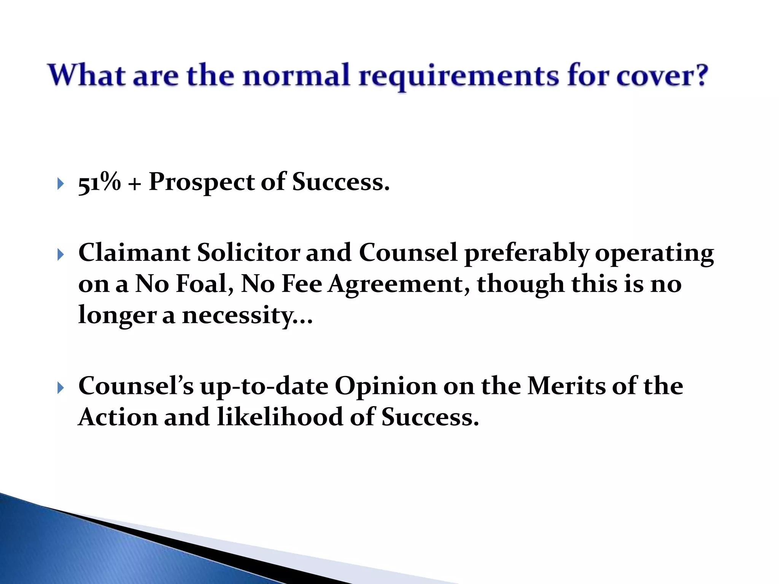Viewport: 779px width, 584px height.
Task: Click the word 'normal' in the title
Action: click(296, 75)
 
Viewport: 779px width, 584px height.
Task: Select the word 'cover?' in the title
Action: click(662, 75)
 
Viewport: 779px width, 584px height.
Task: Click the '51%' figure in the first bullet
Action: click(99, 182)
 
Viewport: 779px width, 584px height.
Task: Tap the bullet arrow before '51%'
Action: click(60, 184)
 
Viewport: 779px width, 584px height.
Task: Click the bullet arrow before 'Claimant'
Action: click(60, 254)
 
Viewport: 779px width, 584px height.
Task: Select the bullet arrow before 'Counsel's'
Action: click(60, 388)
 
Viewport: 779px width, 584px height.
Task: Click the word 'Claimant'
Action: click(134, 253)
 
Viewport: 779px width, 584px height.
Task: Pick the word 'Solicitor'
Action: click(248, 253)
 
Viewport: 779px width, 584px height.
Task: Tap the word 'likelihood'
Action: click(280, 417)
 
